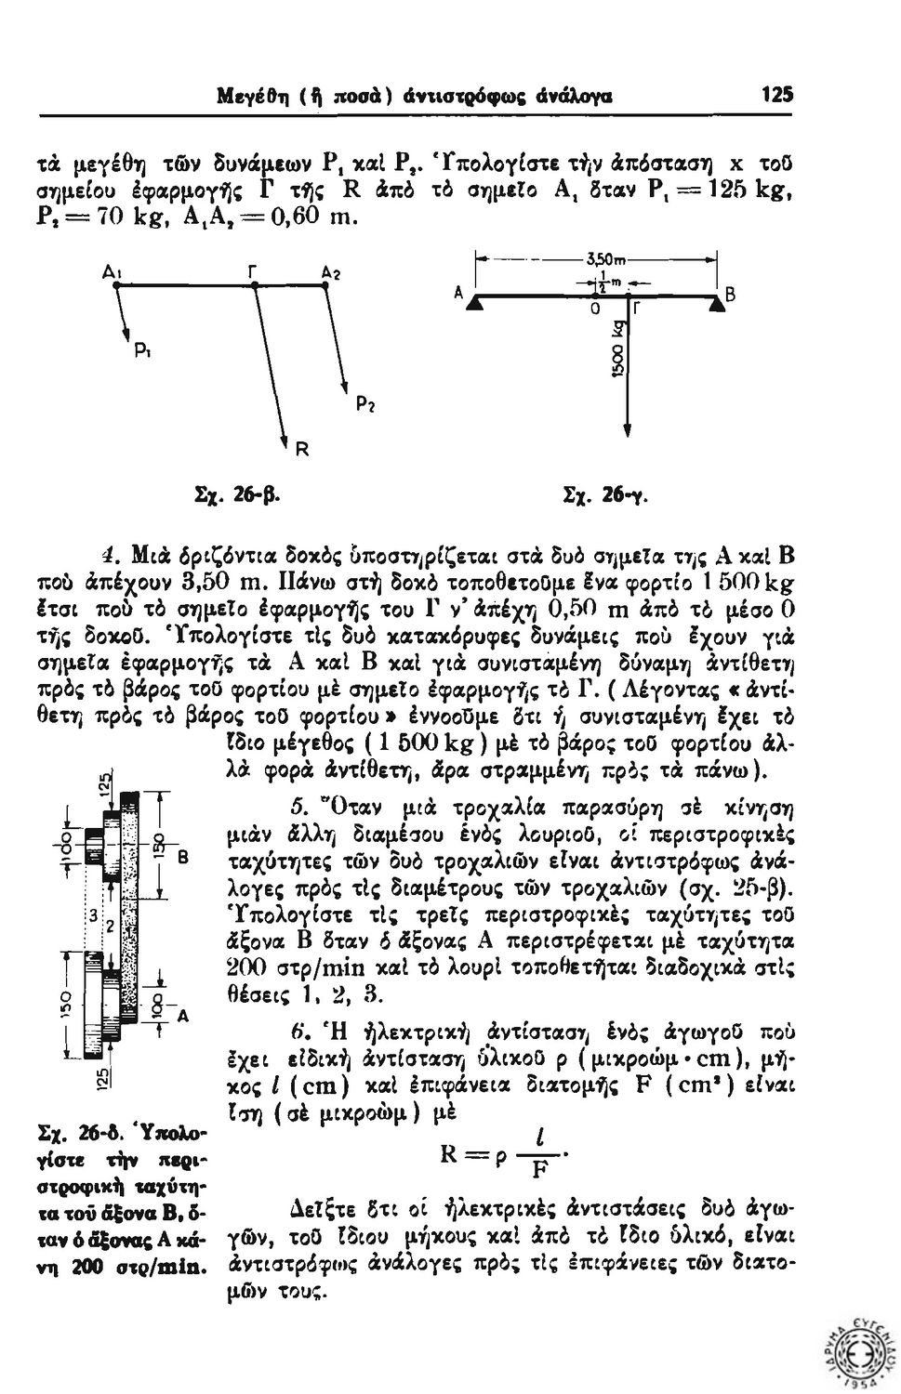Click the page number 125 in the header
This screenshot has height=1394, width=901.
(775, 94)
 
